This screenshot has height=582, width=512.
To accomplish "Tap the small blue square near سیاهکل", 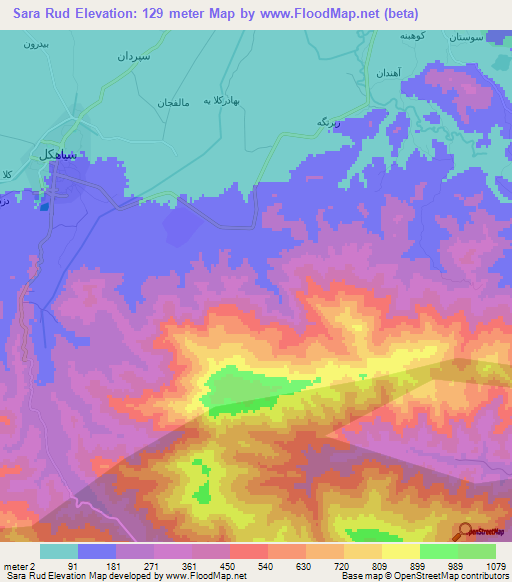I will pos(43,207).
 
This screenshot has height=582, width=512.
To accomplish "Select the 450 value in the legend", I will pos(229,567).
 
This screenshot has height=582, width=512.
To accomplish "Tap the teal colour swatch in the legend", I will pos(58,551).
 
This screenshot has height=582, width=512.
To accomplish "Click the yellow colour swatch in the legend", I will pos(400,551).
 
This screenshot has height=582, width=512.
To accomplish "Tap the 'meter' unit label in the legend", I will pos(13,567).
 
